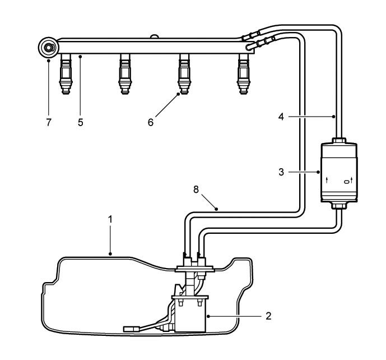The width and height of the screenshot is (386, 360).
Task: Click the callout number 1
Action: pyautogui.click(x=110, y=220)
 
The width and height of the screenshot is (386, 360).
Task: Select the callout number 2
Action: pyautogui.click(x=268, y=316)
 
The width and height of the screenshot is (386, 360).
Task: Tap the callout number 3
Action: pyautogui.click(x=281, y=172)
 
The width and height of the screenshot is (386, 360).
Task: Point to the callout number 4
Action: pyautogui.click(x=281, y=117)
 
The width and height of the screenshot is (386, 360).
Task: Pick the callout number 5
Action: pyautogui.click(x=81, y=122)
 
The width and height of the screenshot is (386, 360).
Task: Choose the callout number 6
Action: pyautogui.click(x=151, y=122)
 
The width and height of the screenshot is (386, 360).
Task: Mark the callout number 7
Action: pyautogui.click(x=49, y=122)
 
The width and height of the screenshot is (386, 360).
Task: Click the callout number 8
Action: pyautogui.click(x=196, y=190)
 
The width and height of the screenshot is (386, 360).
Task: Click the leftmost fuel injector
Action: pyautogui.click(x=66, y=74)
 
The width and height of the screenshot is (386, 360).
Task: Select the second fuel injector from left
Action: pyautogui.click(x=125, y=74)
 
